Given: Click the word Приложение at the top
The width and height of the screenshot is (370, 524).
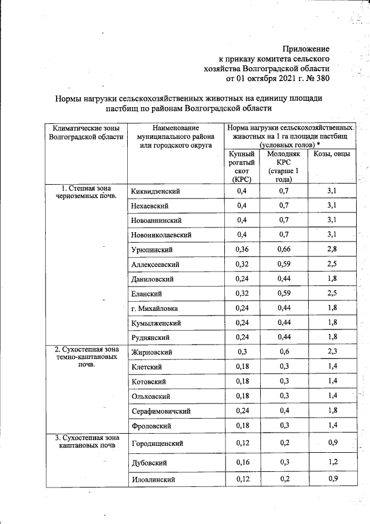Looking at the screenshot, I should pyautogui.click(x=306, y=49).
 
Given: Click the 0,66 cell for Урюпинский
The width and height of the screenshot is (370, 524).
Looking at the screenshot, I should pyautogui.click(x=284, y=250).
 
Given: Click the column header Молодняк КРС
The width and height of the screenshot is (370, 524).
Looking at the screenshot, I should pyautogui.click(x=284, y=167).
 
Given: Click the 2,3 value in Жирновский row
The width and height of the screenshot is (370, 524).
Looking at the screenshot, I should pyautogui.click(x=331, y=352).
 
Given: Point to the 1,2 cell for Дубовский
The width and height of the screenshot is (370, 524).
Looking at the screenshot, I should pyautogui.click(x=331, y=463).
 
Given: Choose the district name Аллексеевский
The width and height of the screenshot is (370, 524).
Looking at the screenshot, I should pyautogui.click(x=156, y=265).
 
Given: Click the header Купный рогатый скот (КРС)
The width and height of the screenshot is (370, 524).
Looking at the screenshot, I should pyautogui.click(x=242, y=167).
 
